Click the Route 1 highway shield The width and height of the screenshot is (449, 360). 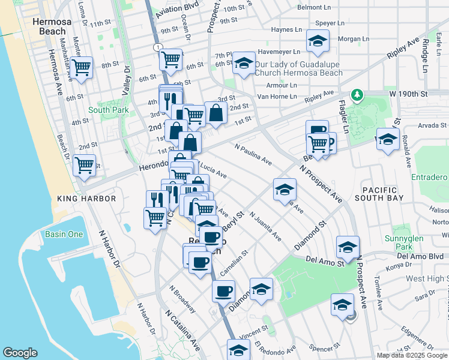pos(157,47)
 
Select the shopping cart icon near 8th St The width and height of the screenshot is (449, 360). pos(81,68)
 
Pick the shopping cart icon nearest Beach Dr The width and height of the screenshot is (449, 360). pos(85,165)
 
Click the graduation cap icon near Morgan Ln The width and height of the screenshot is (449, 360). pos(316,41)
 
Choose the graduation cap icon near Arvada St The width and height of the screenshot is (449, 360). pos(388,139)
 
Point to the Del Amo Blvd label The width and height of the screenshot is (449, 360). pos(429,256)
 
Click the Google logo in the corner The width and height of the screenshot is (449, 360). pos(20,353)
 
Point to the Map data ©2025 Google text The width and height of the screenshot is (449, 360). pos(412,355)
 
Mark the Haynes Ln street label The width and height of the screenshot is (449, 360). pos(286,29)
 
